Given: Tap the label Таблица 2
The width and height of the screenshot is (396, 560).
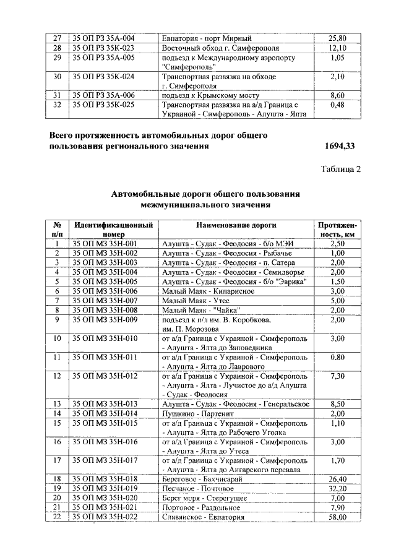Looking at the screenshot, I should point(341,170).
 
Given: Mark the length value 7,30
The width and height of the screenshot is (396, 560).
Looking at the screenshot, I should point(338,376).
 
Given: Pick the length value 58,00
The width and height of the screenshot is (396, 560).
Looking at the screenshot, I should point(338,517).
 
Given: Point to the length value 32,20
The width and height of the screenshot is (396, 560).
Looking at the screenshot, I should point(338,489).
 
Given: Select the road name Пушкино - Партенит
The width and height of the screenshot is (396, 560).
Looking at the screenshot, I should point(196,413).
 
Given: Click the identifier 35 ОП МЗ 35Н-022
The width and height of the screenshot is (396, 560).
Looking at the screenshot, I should point(105,517).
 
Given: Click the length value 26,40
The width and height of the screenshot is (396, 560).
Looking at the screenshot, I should point(338,479).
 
